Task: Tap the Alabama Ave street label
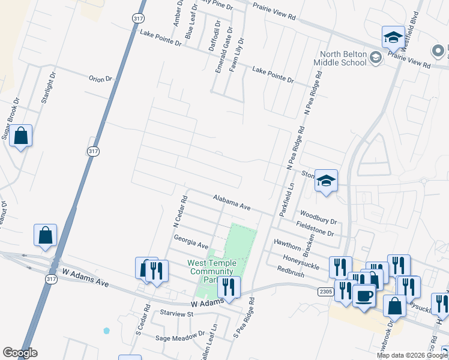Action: tap(232, 202)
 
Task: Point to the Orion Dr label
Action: tap(100, 79)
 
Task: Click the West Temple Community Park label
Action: tap(212, 271)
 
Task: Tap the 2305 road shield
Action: tap(325, 290)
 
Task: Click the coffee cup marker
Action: tap(364, 295)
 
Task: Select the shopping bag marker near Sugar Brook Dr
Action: tap(20, 136)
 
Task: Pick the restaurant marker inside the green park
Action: tap(229, 287)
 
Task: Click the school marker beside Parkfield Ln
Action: tap(326, 181)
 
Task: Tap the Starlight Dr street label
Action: tap(48, 89)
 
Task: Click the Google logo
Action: tap(20, 353)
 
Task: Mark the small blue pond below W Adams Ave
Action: tap(107, 331)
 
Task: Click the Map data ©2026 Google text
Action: tap(412, 355)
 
